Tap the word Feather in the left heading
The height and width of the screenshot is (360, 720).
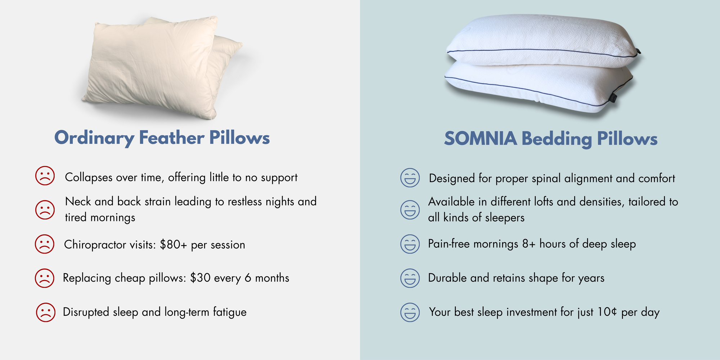click(x=172, y=138)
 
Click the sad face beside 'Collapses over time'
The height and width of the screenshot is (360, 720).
click(x=45, y=176)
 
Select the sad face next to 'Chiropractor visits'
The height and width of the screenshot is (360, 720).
click(x=45, y=244)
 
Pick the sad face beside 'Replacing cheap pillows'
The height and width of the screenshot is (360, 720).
click(x=45, y=278)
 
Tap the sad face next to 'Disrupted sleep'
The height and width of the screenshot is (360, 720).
click(x=46, y=312)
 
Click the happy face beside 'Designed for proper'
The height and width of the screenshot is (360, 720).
click(x=410, y=177)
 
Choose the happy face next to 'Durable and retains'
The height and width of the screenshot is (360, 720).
click(x=410, y=278)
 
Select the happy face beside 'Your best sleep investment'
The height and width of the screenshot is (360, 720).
click(x=410, y=312)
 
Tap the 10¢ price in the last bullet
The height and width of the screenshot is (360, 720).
click(x=607, y=312)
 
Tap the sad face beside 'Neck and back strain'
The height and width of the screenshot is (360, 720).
click(x=45, y=210)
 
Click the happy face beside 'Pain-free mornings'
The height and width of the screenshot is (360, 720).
click(x=410, y=244)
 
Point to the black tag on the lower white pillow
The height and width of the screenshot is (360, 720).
click(x=613, y=97)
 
